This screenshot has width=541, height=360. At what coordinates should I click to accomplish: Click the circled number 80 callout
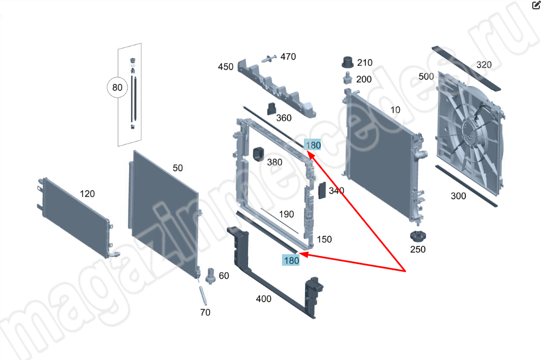click(x=117, y=87)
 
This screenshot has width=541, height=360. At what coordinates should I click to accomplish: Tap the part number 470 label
click(x=288, y=56)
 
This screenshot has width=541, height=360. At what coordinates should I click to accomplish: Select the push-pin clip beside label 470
click(x=269, y=58)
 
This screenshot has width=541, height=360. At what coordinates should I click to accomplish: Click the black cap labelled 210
click(x=348, y=62)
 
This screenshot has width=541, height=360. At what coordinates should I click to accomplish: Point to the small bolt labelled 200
click(x=348, y=78)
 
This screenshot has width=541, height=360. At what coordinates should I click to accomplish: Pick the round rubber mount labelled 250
click(x=418, y=236)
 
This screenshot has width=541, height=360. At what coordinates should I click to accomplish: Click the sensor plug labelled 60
click(x=210, y=276)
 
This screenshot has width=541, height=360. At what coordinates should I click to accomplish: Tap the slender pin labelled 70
click(x=203, y=295)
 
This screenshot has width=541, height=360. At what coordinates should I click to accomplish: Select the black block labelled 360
click(x=272, y=108)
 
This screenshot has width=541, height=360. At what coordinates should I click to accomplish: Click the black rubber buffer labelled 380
click(x=258, y=154)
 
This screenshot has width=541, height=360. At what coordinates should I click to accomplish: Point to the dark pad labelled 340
click(x=321, y=190)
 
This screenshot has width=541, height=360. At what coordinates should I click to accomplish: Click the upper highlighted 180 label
click(x=313, y=145)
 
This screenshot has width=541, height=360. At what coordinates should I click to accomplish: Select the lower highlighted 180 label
click(x=291, y=260)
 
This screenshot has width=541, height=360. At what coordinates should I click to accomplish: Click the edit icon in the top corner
click(x=537, y=4)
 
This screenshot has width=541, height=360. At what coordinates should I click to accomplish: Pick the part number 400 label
click(x=263, y=299)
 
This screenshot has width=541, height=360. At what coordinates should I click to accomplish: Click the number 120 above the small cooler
click(x=87, y=193)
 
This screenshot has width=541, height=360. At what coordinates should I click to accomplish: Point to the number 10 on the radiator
click(x=395, y=110)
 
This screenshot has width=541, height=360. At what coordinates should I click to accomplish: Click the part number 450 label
click(x=226, y=67)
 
